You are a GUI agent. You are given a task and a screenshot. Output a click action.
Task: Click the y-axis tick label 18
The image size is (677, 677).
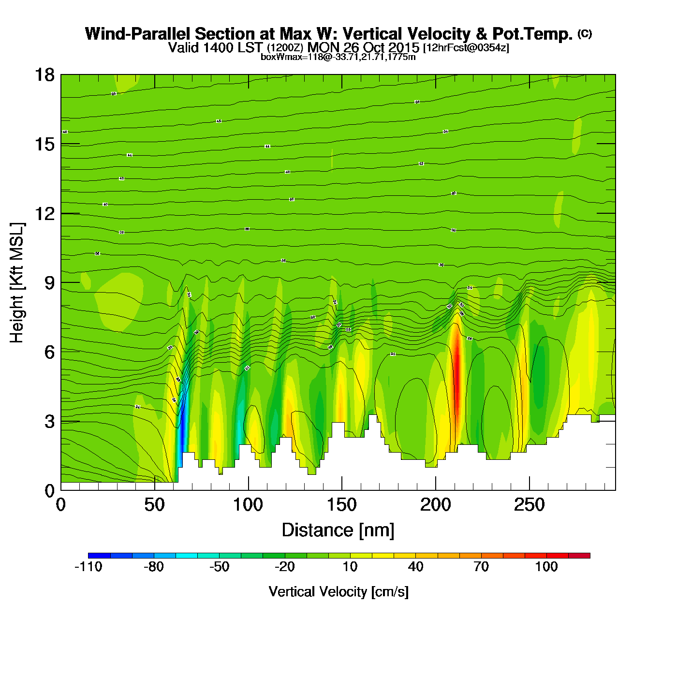click(44, 75)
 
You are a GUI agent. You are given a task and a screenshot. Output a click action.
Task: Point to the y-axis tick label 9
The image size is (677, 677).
click(49, 283)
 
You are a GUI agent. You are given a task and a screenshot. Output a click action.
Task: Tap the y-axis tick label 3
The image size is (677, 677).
click(49, 422)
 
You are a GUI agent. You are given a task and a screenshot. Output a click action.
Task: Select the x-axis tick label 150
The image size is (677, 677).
click(341, 505)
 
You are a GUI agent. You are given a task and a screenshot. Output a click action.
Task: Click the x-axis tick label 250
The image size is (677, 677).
click(529, 505)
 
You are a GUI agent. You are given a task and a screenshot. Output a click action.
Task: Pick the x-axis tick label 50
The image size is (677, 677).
click(154, 505)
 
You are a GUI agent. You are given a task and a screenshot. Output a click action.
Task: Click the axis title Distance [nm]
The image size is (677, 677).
click(338, 530)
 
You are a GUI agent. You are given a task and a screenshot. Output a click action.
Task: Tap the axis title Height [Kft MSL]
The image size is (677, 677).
click(17, 283)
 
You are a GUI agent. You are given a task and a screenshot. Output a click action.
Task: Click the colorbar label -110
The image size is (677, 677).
click(88, 567)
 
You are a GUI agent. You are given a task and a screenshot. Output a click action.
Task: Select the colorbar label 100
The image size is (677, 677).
click(546, 567)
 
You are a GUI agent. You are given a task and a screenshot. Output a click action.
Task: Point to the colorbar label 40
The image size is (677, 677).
click(415, 567)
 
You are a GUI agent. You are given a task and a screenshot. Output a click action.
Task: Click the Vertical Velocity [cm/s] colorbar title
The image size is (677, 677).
click(338, 592)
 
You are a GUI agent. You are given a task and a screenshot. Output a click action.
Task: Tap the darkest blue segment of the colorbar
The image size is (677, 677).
click(99, 556)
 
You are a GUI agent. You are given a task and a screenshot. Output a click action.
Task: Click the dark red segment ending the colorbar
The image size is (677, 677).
click(579, 556)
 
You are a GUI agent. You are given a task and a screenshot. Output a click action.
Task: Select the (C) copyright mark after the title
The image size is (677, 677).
click(585, 33)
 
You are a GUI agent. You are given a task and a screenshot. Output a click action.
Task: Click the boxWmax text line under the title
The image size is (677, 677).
click(338, 57)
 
